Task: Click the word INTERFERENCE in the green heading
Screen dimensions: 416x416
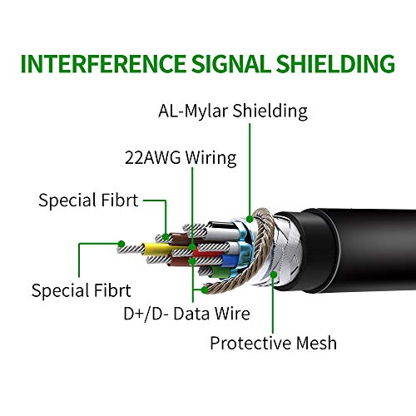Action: point(103,64)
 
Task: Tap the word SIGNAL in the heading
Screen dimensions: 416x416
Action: point(230,64)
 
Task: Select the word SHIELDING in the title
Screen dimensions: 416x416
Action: point(335,64)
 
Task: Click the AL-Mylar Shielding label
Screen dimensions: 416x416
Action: point(233,111)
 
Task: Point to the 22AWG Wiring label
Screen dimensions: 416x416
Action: point(181,158)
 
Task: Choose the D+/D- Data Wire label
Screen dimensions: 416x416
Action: point(186,314)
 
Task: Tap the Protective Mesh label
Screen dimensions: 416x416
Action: point(273,343)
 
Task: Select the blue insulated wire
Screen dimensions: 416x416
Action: point(229,260)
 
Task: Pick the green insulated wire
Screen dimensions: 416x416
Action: point(220,272)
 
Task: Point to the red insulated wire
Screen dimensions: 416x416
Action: point(206,254)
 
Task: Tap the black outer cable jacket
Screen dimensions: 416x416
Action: point(347,250)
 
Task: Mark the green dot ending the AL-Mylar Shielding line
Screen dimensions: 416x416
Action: point(250,219)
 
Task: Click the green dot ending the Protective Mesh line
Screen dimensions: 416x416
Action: point(274,275)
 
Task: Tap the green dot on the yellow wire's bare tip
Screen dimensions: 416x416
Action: point(121,244)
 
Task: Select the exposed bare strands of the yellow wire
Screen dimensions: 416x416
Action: point(131,249)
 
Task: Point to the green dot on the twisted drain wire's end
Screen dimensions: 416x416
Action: point(205,290)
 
